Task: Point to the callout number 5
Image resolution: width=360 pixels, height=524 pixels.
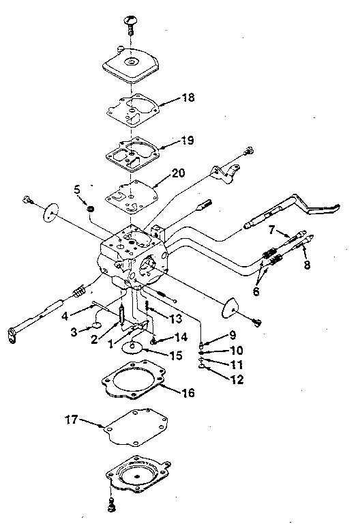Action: (x=77, y=188)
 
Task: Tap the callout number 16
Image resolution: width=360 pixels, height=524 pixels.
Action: (x=188, y=393)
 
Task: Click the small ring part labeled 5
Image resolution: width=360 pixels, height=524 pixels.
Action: (x=90, y=206)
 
